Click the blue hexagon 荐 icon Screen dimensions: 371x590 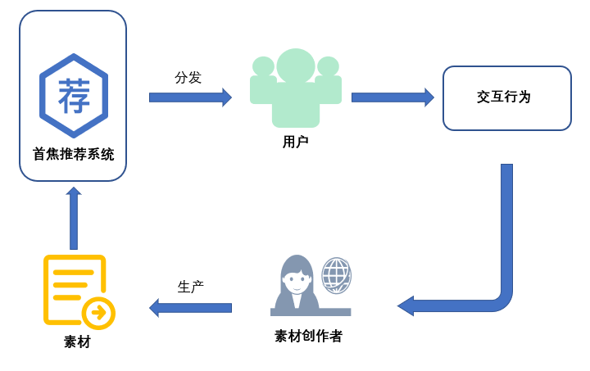point(74,96)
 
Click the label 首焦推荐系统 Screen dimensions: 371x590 point(74,154)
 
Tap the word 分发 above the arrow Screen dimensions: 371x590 point(188,78)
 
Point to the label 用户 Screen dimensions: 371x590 point(295,142)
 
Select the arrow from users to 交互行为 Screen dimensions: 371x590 point(393,97)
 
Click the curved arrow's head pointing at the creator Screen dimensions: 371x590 point(406,306)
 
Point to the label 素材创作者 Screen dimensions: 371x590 point(308,336)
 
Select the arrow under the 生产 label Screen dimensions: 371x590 point(190,307)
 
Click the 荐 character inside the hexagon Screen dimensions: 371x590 point(74,96)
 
